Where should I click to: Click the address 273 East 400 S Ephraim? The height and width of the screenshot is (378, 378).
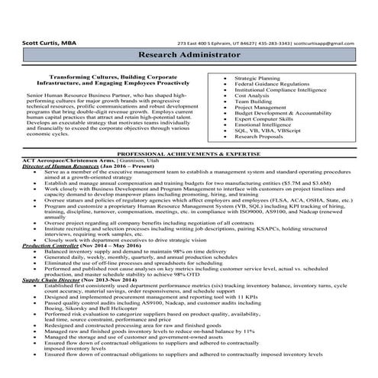pos(205,44)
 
